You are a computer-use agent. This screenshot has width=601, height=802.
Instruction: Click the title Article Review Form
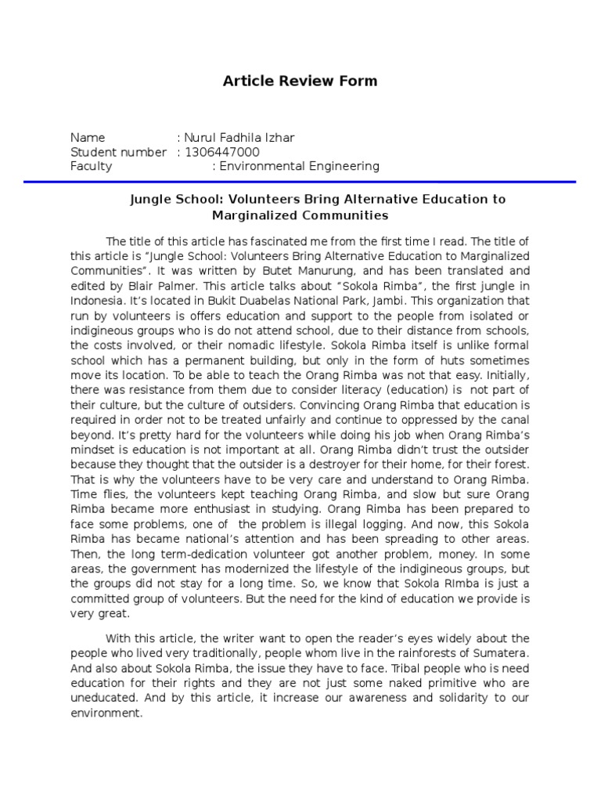300,81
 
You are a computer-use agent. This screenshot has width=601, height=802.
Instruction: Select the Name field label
88,138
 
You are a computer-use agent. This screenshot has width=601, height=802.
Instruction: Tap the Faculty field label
92,166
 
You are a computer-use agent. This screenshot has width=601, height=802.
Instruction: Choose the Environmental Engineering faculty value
299,166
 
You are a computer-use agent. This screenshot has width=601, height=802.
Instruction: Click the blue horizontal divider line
300,182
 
